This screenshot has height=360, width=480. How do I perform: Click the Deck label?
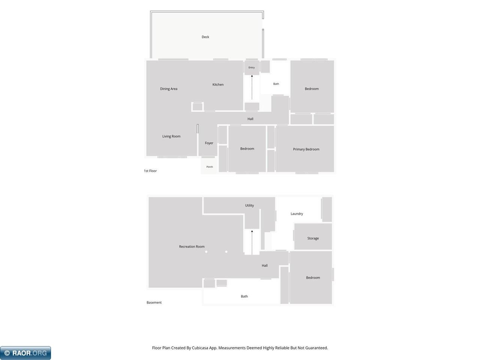tap(205, 37)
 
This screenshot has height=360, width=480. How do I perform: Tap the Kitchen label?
tap(218, 85)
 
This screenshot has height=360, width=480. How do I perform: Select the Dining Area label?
tap(169, 89)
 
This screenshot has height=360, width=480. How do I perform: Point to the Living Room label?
tap(171, 136)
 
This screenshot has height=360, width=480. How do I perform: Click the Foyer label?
tap(209, 143)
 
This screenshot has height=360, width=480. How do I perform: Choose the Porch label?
tap(210, 167)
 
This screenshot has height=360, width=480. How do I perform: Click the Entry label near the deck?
tap(252, 67)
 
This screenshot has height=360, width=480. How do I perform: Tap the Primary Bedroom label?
tap(306, 149)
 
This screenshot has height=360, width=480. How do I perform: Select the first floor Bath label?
tap(276, 84)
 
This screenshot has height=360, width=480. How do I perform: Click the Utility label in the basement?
tap(249, 205)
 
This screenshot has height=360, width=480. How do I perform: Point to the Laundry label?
tap(297, 214)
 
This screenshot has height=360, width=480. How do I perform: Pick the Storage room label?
tap(313, 238)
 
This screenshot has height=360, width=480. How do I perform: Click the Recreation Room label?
tap(192, 246)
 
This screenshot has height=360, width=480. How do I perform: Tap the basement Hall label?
tap(265, 265)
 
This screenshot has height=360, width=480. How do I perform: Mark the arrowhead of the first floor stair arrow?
tap(252, 76)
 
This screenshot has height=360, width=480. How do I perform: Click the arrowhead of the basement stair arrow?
tap(252, 231)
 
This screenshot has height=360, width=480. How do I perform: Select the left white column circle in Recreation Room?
tap(206, 252)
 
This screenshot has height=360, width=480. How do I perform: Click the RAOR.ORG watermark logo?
tap(25, 353)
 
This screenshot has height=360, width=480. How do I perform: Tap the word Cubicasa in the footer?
tap(200, 348)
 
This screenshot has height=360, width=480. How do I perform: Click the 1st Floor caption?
tap(150, 171)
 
